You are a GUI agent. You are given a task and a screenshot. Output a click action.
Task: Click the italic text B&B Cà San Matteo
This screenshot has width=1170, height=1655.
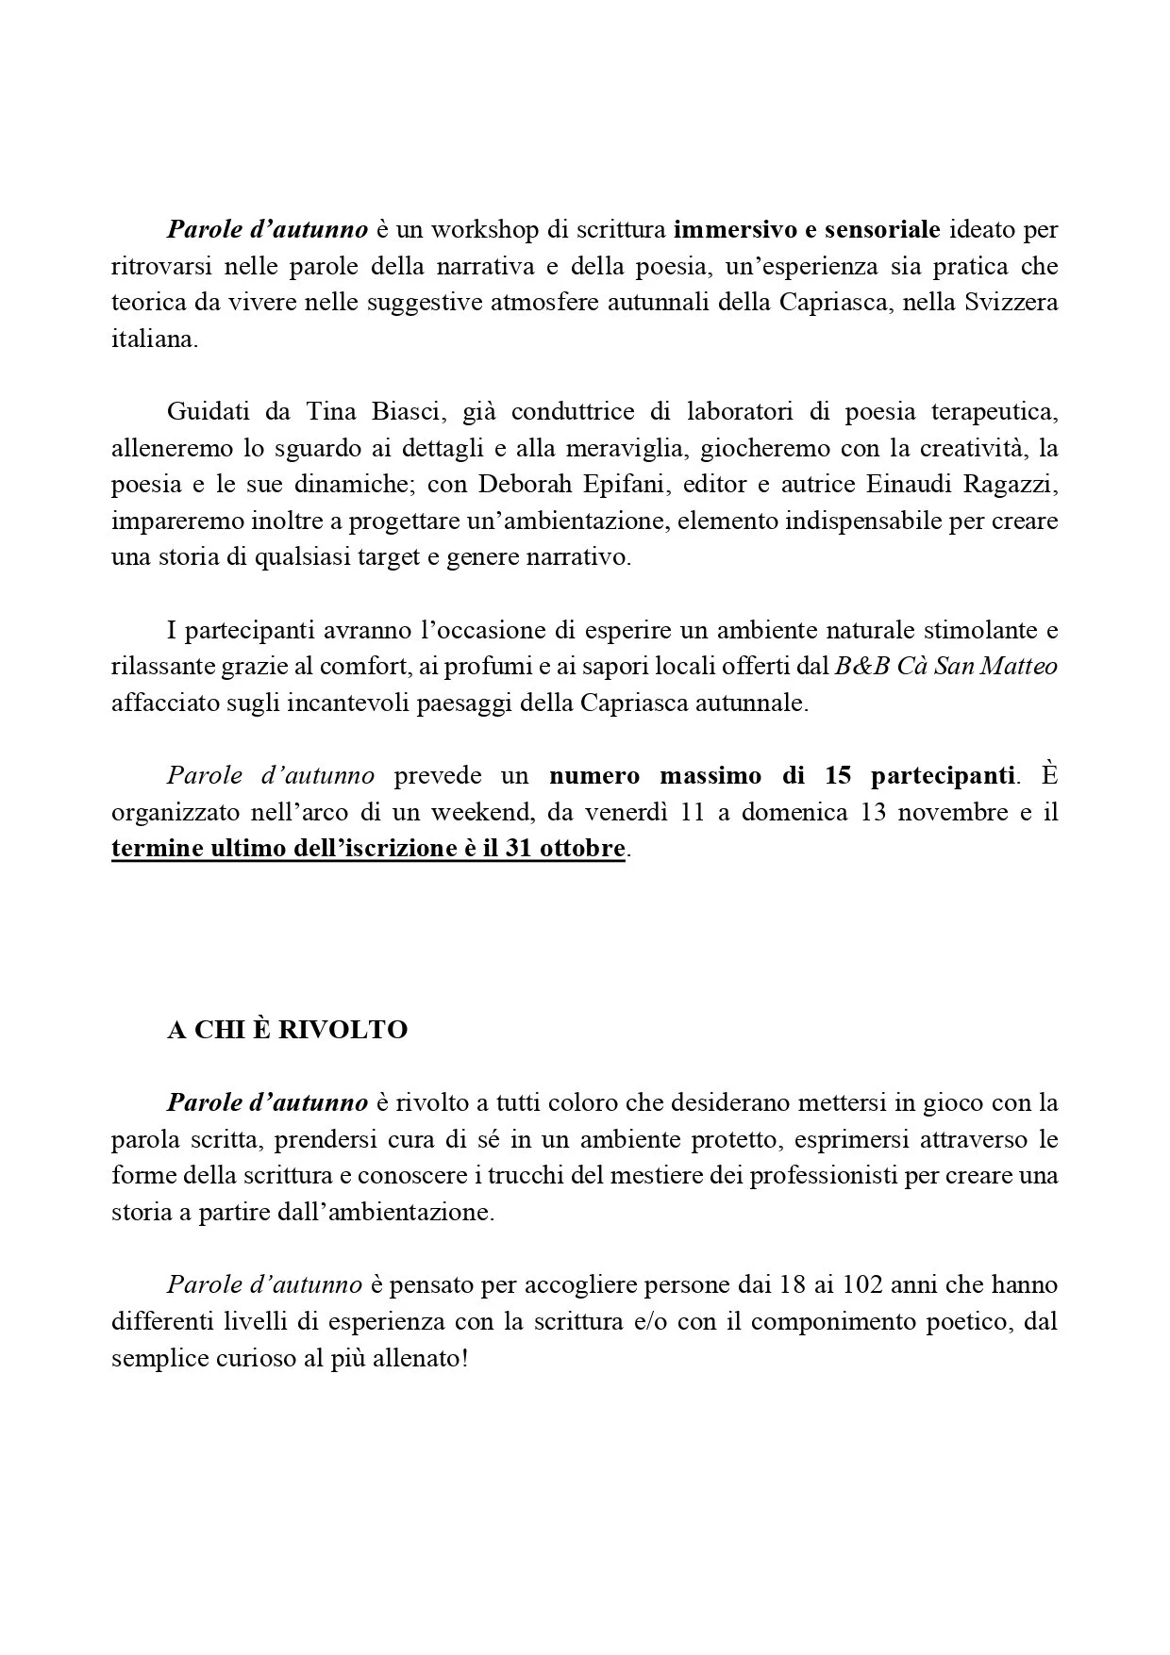coord(946,667)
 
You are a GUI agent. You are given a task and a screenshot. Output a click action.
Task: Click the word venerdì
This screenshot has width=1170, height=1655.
coord(616,813)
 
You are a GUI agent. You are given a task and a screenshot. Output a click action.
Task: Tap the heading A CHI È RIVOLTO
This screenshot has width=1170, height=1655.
coord(288,1030)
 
